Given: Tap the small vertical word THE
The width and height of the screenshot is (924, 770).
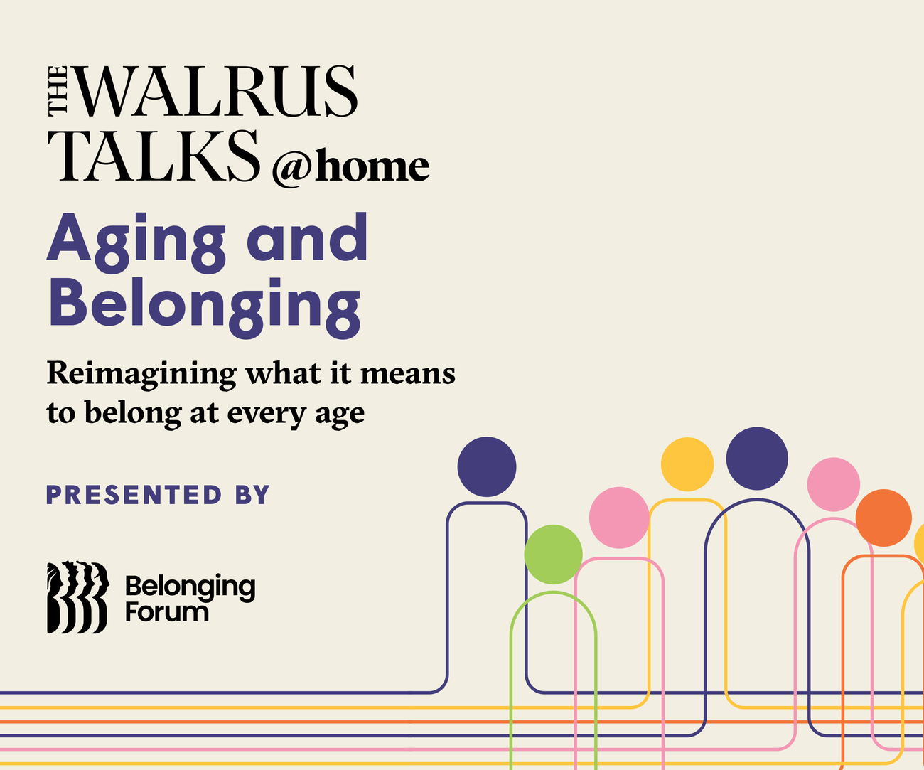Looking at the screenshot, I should tap(58, 90).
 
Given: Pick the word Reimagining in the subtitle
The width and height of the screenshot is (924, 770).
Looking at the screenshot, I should tap(141, 374).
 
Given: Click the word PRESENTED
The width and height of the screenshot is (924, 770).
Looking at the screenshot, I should tap(134, 495).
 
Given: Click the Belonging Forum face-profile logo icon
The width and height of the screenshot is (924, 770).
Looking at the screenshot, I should tap(77, 597).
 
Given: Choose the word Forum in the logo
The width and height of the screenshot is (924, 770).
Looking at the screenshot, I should tap(167, 611).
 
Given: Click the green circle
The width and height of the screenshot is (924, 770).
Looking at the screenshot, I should tap(553, 554).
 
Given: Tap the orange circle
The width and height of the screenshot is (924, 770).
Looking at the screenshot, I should tap(883, 518).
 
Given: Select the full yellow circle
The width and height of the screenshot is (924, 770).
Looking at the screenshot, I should tap(687, 464).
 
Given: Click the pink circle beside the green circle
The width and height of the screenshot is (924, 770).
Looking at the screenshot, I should tap(619, 517).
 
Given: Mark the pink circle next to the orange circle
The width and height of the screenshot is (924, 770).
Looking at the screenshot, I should tap(833, 484).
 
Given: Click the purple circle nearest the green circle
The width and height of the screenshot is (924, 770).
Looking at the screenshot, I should tap(486, 467).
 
